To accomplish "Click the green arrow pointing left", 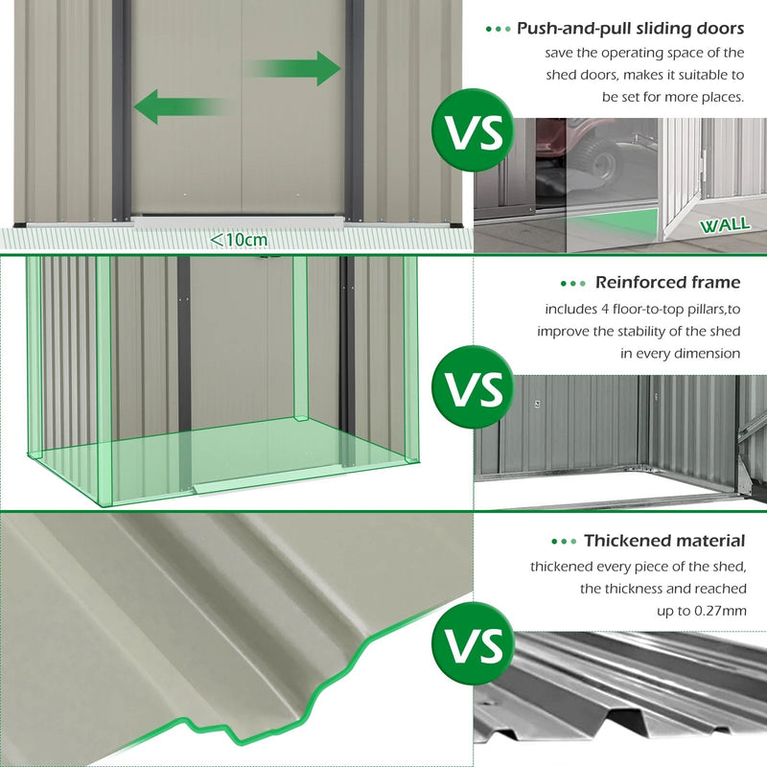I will click(177, 105).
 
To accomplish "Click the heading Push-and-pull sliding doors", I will click(630, 29).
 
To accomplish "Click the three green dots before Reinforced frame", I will click(572, 283).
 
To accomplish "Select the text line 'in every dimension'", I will click(680, 353).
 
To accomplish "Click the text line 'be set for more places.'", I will click(673, 96).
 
